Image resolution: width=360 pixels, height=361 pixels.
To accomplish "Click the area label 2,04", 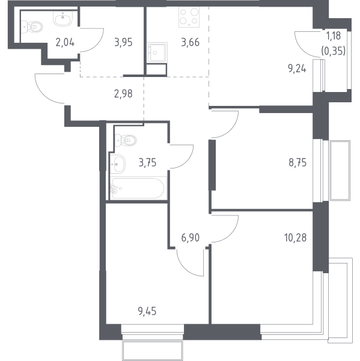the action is point(65,43).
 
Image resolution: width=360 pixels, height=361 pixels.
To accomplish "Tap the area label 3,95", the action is point(124,43).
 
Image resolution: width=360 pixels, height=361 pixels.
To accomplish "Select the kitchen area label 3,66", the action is point(191,43).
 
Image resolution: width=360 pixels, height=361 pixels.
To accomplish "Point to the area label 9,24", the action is point(297,69).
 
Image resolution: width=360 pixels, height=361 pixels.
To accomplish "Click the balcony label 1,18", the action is point(334,36).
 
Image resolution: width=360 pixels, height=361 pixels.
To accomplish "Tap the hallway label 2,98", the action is point(123,94).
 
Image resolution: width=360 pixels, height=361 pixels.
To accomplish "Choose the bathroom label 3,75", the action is point(147,163).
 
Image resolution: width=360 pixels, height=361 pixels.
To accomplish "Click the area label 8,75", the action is point(297,163).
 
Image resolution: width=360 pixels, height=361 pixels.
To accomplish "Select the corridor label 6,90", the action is point(191,238).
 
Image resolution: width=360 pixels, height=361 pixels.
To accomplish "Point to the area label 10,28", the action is point(295,238).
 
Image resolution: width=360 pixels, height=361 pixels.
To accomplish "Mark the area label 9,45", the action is point(147,311).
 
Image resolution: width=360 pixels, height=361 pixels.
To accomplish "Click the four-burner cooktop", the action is point(189,17).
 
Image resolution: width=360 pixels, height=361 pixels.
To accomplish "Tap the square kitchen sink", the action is point(157,52).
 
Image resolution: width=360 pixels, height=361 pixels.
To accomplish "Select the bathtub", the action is point(138,188).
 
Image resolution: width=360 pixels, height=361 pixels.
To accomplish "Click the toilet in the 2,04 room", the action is point(32,27).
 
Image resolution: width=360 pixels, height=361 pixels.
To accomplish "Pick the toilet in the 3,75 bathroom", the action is point(126,140).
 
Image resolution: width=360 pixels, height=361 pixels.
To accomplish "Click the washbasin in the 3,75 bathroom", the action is point(118,164).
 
